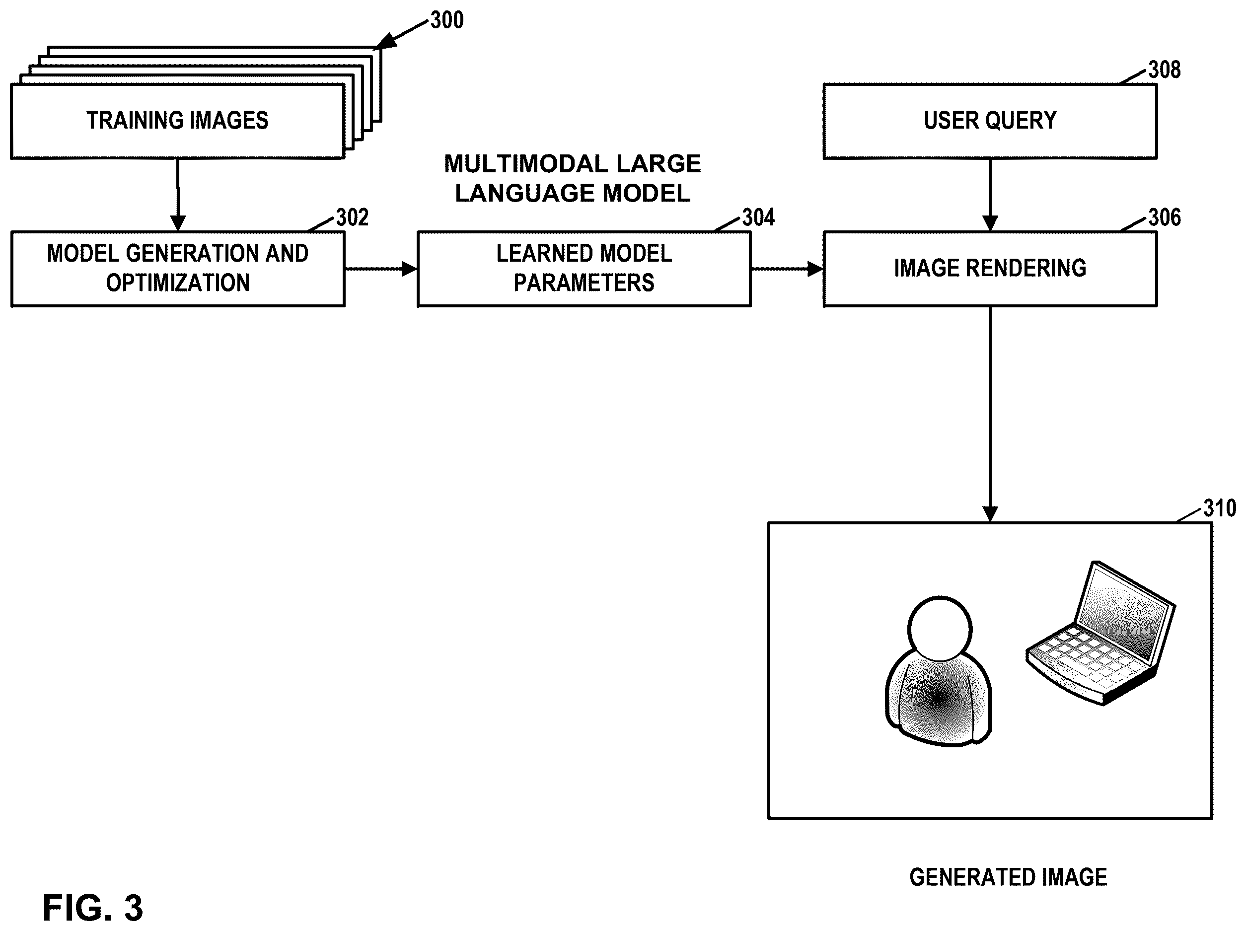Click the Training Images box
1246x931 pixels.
177,121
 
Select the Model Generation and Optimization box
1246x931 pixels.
178,269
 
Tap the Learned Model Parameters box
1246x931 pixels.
584,269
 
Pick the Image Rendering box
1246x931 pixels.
990,269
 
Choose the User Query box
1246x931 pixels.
990,121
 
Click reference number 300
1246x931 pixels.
446,20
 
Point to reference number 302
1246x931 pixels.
352,217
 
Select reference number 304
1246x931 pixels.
758,217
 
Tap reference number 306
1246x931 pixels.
1165,217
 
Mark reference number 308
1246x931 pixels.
1165,70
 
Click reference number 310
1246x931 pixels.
1220,508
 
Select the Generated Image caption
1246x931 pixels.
1008,877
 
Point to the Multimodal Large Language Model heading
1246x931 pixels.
572,179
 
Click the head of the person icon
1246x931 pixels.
940,629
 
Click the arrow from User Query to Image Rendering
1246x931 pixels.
990,195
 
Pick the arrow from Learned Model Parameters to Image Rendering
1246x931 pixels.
788,269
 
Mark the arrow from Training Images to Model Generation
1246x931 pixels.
178,195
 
